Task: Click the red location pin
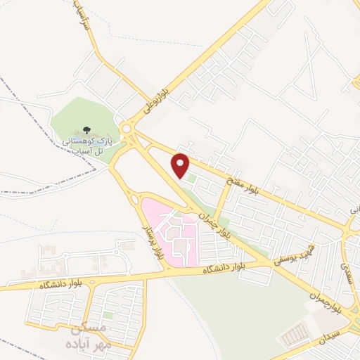click(181, 165)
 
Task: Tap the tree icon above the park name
click(85, 130)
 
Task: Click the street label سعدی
click(344, 270)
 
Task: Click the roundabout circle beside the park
click(127, 129)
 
